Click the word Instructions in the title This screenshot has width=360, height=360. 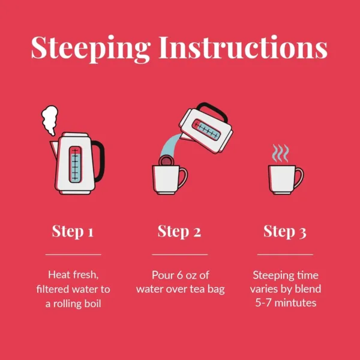(x=243, y=47)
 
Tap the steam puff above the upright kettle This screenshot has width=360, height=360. (x=50, y=120)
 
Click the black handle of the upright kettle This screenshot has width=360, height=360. (x=100, y=161)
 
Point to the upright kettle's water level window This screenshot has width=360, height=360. (x=75, y=164)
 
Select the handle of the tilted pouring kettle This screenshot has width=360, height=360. (x=213, y=110)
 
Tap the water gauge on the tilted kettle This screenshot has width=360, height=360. (x=206, y=130)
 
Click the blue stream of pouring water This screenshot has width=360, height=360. (x=169, y=145)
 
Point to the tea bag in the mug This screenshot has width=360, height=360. (x=166, y=160)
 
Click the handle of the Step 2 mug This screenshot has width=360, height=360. (x=183, y=178)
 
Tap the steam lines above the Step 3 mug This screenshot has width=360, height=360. (x=280, y=153)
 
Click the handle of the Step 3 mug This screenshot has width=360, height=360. (x=299, y=178)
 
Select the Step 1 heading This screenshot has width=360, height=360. (x=73, y=231)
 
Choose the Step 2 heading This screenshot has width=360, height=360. (x=179, y=231)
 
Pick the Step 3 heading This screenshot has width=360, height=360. (x=284, y=231)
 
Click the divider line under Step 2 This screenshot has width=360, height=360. (x=180, y=254)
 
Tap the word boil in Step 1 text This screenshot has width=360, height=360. (x=93, y=304)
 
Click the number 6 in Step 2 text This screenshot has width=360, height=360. (x=179, y=275)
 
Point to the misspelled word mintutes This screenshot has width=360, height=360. (x=295, y=303)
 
